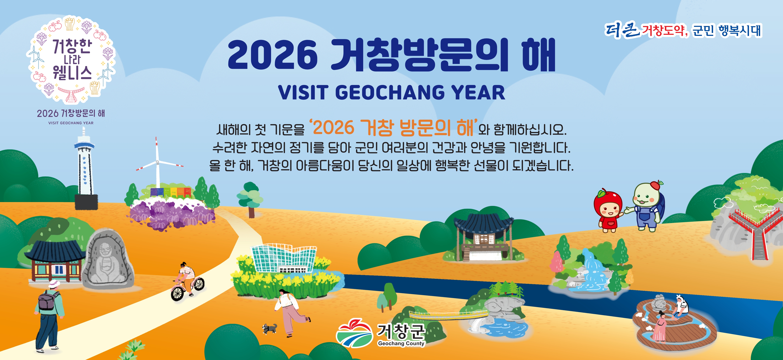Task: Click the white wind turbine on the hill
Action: point(158,164)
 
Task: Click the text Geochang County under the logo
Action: point(401,343)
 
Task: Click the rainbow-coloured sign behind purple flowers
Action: point(171,192)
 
